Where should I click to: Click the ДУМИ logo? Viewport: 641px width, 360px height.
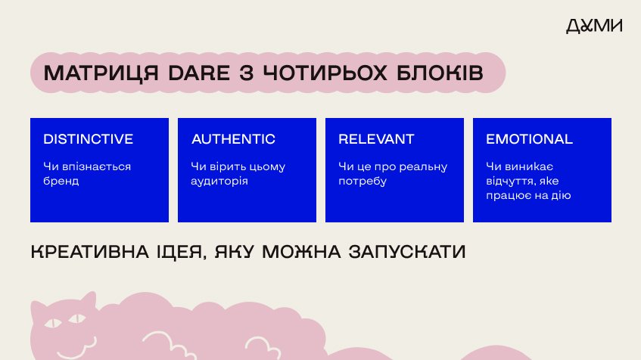(x=594, y=26)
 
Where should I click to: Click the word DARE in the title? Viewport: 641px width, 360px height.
(x=199, y=73)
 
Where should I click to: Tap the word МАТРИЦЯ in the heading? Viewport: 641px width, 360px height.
(x=101, y=73)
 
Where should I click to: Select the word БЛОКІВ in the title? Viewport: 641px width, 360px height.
(x=440, y=73)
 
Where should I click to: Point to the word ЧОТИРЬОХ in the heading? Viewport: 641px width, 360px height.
(x=325, y=73)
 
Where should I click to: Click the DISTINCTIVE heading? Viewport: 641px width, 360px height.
(x=89, y=139)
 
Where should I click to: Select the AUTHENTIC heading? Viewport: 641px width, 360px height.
(x=233, y=139)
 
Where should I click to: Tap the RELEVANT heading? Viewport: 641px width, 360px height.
(x=376, y=139)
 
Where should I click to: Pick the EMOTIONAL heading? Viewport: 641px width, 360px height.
(x=529, y=139)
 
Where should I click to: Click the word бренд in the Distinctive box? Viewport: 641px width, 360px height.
(x=61, y=181)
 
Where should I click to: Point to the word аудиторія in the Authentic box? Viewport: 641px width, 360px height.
(x=219, y=181)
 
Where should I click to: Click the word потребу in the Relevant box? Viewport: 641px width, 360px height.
(x=363, y=181)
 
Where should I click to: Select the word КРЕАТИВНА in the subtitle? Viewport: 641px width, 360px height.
(x=89, y=252)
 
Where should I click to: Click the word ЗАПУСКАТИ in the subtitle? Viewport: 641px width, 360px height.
(x=407, y=252)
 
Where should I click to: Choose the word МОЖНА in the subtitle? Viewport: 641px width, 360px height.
(x=301, y=252)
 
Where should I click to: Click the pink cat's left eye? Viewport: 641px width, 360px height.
(x=52, y=323)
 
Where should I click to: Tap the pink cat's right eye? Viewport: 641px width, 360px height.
(x=77, y=318)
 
